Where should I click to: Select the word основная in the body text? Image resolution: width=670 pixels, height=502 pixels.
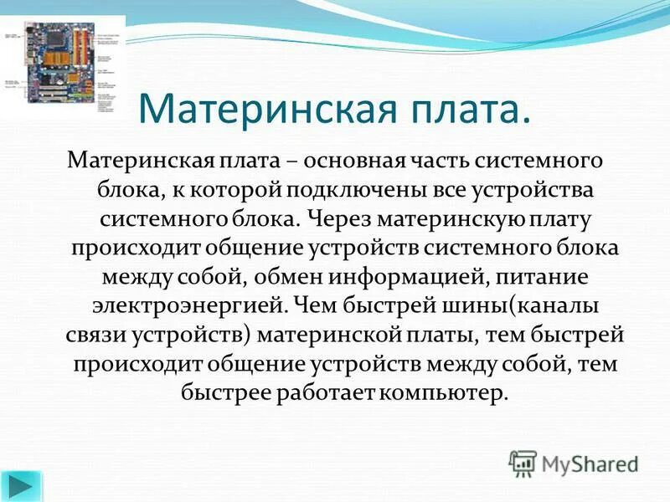358,158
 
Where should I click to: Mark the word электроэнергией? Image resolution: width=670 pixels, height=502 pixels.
169,306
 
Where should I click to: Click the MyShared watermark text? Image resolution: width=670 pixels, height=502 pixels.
590,462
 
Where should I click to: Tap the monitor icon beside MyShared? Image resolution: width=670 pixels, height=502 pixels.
523,462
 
